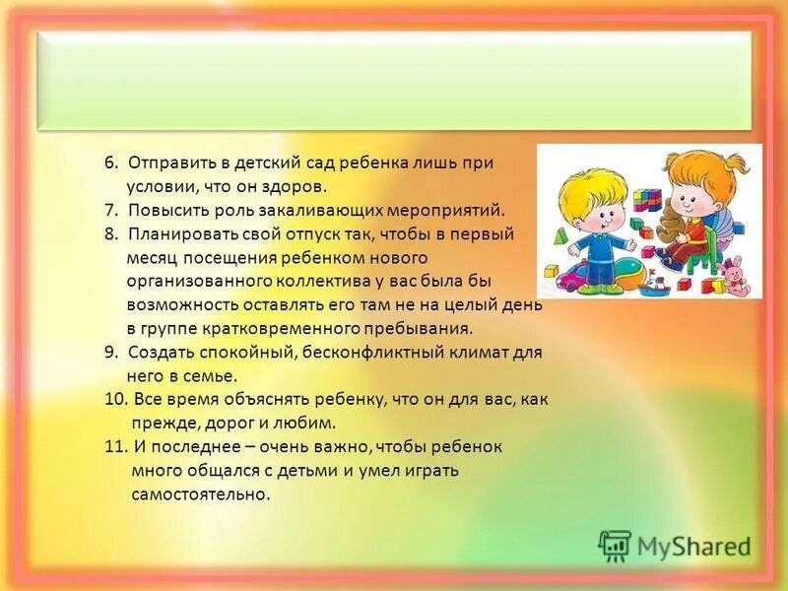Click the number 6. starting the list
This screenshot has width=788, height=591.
(110, 163)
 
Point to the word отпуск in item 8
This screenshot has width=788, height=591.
(330, 233)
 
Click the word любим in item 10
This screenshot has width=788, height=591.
(311, 423)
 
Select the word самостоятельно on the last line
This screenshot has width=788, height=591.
(199, 493)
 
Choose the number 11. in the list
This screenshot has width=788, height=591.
(114, 446)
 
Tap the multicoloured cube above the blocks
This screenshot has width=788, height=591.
(646, 201)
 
